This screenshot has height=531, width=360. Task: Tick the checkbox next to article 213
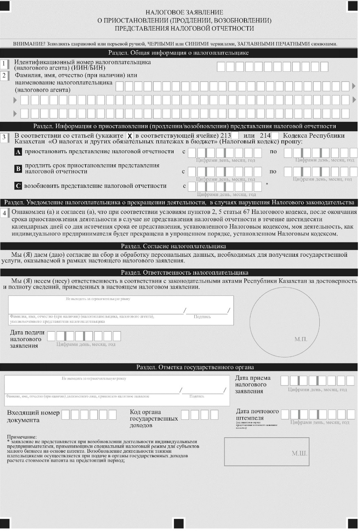coord(235,136)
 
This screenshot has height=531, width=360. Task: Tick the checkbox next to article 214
coord(275,136)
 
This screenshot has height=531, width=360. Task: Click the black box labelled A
coord(18,152)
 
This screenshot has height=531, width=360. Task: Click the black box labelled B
coord(18,168)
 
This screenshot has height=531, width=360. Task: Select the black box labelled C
coord(18,186)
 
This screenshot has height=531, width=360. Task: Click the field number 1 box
coord(4,64)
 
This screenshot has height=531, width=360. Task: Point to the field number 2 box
coord(4,75)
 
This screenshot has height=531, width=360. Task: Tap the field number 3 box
coord(4,138)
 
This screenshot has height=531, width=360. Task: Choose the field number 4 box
coord(4,213)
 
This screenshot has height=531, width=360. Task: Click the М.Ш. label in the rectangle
coord(299,453)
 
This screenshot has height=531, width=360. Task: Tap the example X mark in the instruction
coord(130,136)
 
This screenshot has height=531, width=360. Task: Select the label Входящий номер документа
coord(33,416)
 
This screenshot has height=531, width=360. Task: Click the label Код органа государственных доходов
coord(154,419)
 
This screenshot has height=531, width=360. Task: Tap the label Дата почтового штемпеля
coord(257,414)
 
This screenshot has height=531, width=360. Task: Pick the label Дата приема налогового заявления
coord(252,384)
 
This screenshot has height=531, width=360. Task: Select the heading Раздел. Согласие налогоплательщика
coord(179,246)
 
